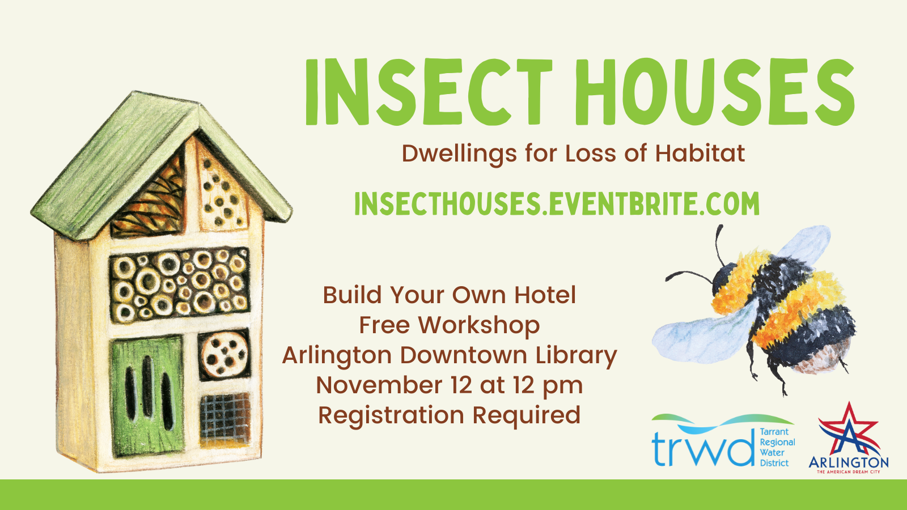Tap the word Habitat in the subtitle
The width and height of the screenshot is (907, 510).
coord(700,154)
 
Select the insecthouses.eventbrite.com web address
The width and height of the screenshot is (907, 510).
coord(557,203)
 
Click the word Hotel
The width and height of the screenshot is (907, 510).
coord(545,295)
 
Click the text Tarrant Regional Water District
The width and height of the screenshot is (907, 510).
coord(777,447)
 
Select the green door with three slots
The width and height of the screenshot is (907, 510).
coord(147,397)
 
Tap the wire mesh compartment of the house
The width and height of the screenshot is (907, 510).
coord(225,419)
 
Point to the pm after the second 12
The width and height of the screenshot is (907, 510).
coord(563,386)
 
